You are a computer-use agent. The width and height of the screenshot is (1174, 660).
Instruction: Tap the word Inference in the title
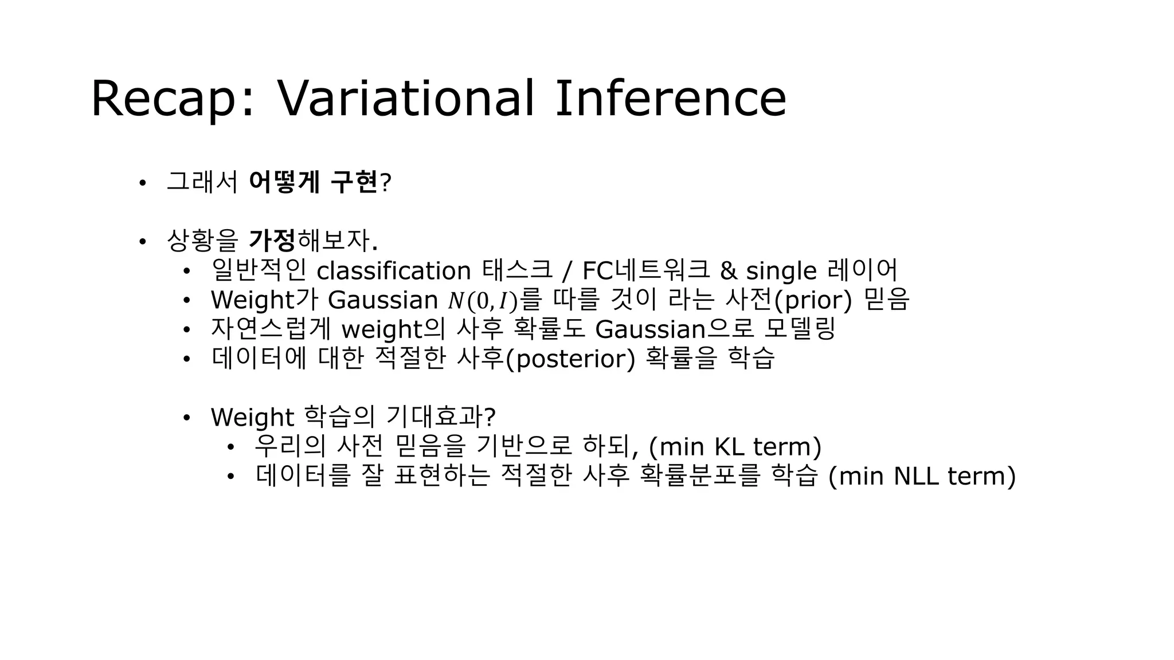(x=670, y=99)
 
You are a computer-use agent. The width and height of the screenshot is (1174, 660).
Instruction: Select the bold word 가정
(x=272, y=241)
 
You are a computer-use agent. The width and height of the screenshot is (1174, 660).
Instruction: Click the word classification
(x=393, y=271)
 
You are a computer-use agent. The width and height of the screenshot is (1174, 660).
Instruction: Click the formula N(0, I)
(x=483, y=300)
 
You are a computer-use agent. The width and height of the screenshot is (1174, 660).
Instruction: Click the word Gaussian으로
(x=674, y=329)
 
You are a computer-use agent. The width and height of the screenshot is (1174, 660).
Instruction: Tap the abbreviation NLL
(x=916, y=476)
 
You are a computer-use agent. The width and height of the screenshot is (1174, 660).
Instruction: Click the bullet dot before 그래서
(x=142, y=183)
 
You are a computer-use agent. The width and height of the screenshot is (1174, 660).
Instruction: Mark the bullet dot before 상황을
(x=142, y=242)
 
